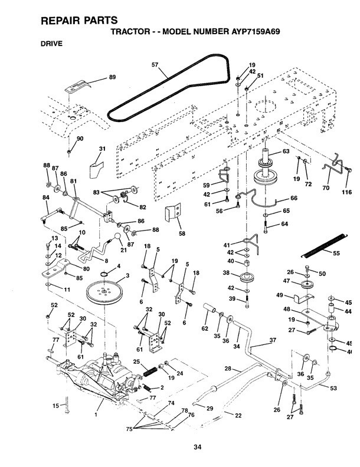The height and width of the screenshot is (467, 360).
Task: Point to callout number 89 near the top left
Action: pos(112,77)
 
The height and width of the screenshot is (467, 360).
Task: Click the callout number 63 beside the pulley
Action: pos(286,152)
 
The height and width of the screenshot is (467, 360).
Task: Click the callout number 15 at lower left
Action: pos(56,406)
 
